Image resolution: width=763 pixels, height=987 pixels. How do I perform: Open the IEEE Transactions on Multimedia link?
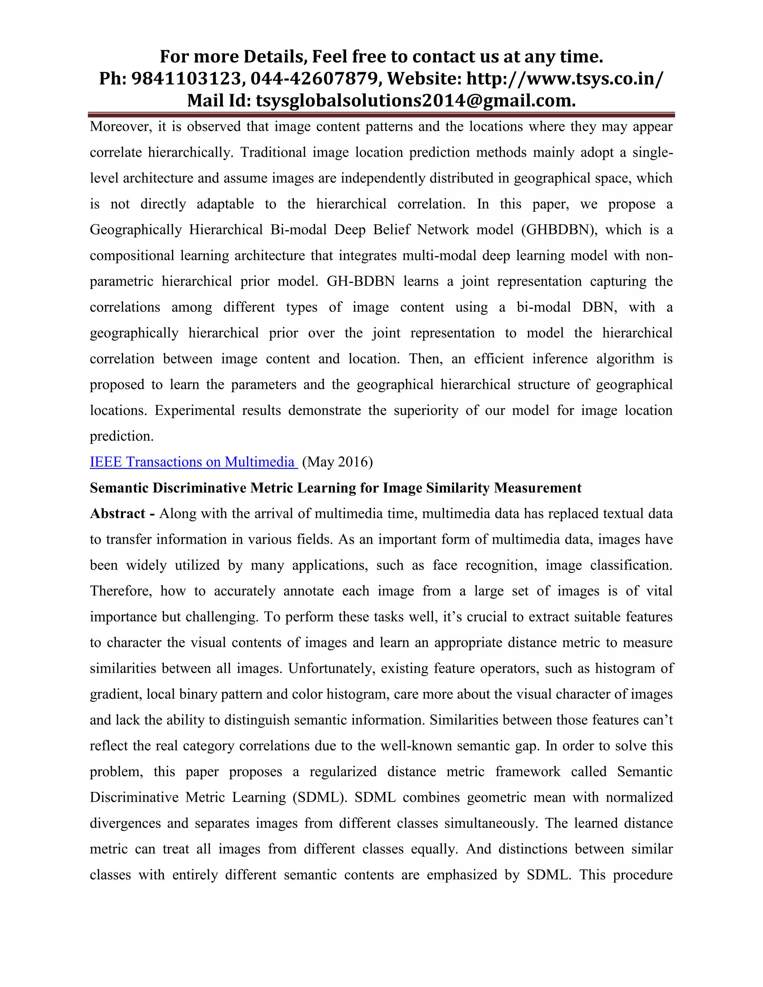pos(193,462)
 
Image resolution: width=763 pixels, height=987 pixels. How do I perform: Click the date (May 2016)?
pos(337,462)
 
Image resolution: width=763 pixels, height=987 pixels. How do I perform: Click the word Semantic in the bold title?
pos(119,488)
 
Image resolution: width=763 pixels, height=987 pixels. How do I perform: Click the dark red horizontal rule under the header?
pos(381,115)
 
